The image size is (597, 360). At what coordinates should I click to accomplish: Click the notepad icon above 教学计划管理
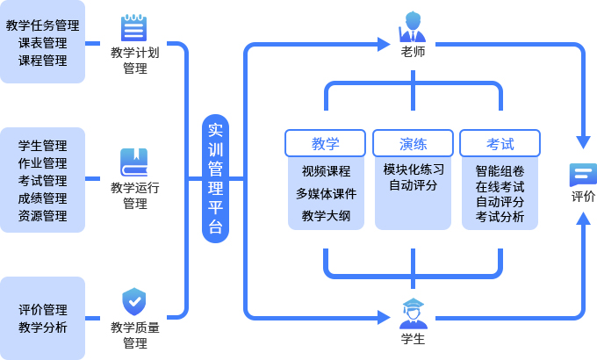(134, 28)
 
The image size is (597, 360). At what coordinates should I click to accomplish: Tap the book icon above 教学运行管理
(134, 162)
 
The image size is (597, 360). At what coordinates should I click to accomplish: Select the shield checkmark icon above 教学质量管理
(133, 301)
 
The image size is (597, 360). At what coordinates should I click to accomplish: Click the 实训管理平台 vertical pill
(215, 178)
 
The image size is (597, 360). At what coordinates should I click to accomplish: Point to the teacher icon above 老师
(413, 27)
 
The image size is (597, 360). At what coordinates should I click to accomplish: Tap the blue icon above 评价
(582, 173)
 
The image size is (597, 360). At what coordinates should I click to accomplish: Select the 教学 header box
(325, 143)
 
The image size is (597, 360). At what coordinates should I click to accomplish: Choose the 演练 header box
(413, 143)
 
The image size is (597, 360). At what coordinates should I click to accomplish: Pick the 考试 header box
(500, 143)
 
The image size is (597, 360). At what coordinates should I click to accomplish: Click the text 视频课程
(326, 170)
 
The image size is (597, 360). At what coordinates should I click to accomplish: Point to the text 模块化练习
(414, 169)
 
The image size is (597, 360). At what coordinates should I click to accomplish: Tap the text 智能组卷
(500, 170)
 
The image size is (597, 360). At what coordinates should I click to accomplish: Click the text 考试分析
(500, 217)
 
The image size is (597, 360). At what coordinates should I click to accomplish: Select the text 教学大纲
(326, 216)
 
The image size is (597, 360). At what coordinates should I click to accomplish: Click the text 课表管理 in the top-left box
(42, 43)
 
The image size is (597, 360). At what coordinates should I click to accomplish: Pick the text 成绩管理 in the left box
(42, 198)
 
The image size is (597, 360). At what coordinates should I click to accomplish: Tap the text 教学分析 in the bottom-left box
(42, 328)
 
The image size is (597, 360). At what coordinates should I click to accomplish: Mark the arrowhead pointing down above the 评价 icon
(582, 140)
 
